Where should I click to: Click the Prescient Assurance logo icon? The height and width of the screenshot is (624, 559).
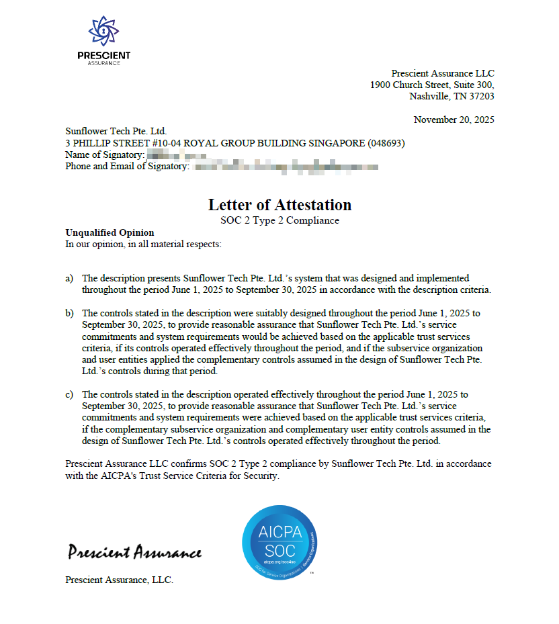click(103, 30)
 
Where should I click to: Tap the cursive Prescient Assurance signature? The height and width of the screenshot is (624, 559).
click(134, 552)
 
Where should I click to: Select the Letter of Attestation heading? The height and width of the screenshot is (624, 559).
click(279, 205)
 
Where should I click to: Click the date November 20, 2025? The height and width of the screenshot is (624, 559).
click(454, 120)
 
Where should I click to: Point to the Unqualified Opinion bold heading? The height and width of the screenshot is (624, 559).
click(110, 232)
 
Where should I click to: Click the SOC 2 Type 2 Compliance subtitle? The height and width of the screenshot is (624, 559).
click(279, 220)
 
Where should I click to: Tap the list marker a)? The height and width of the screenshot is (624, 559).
click(69, 278)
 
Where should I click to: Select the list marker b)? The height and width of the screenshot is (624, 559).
click(69, 313)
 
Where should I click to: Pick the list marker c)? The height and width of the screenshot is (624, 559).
click(69, 394)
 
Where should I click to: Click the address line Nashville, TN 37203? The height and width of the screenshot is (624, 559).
click(451, 96)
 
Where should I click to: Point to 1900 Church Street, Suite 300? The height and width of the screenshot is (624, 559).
click(432, 85)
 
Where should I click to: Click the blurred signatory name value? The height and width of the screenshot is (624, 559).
click(177, 155)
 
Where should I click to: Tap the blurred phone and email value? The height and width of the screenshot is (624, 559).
click(282, 167)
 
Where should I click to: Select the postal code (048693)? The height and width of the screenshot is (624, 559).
click(386, 143)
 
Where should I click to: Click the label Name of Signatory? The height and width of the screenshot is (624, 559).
click(103, 155)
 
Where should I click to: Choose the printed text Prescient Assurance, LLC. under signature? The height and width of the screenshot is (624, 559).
click(119, 580)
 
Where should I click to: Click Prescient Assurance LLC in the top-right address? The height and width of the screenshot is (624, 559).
click(442, 73)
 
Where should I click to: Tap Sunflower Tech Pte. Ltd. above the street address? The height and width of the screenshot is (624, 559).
click(116, 132)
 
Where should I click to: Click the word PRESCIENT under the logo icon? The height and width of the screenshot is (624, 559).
click(103, 56)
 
